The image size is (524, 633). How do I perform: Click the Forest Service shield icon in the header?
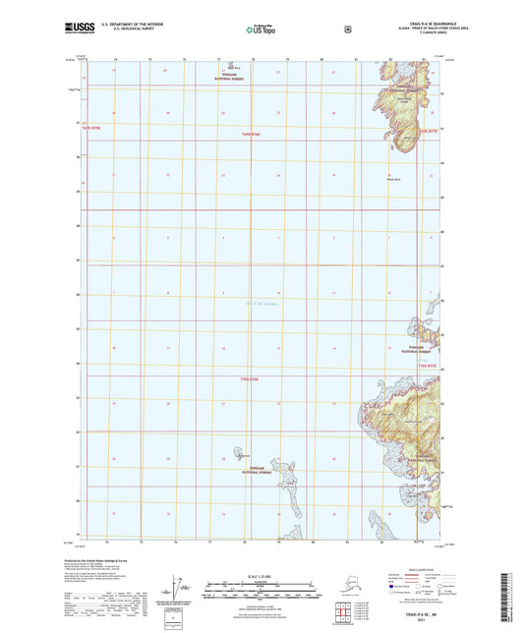346,29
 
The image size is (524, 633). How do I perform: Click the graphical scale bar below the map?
261,593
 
